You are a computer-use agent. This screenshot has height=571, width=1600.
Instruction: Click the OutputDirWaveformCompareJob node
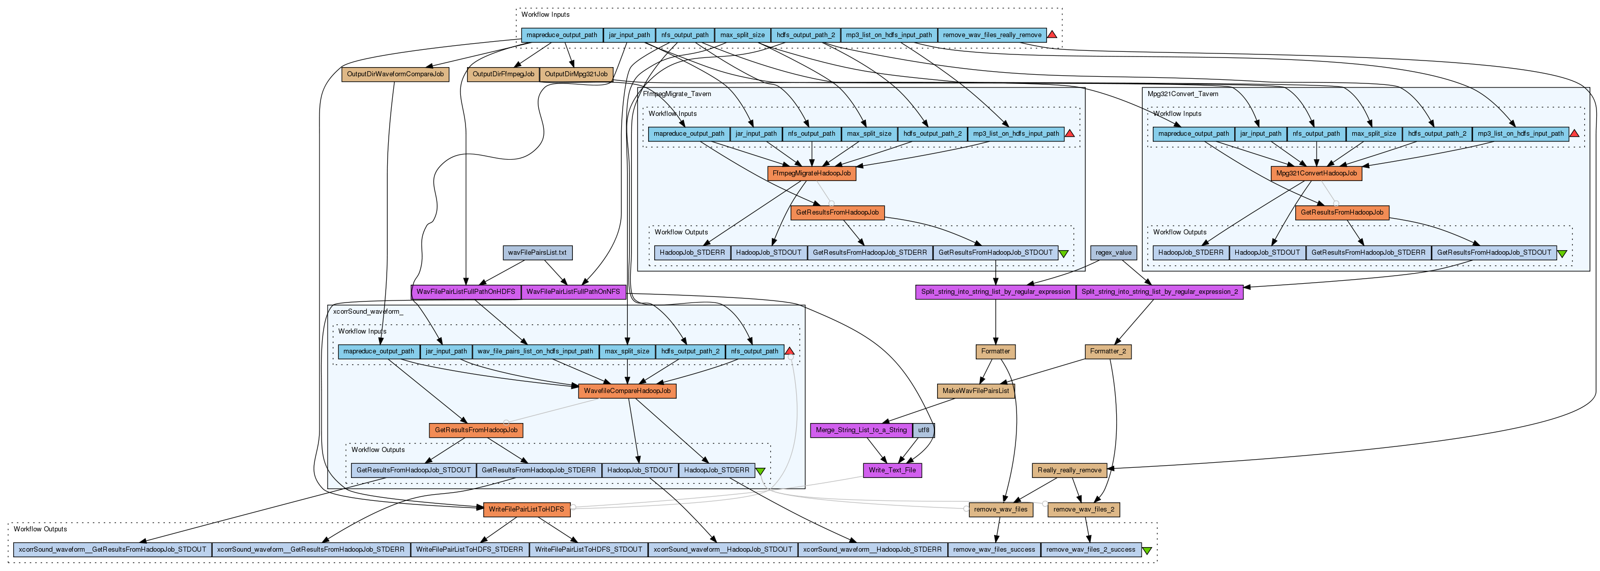[395, 74]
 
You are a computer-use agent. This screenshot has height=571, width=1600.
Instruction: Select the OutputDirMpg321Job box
[576, 74]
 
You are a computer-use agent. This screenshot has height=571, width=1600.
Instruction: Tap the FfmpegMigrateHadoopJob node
[811, 174]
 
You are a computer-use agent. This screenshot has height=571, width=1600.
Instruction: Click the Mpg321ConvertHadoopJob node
[1316, 174]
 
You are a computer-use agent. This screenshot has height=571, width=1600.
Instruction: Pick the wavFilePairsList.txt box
[537, 253]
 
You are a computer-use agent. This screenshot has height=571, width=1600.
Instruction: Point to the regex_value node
[1114, 253]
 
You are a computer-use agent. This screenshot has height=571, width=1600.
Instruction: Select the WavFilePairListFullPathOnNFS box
[573, 292]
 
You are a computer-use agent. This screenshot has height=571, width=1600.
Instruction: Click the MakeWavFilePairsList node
[976, 392]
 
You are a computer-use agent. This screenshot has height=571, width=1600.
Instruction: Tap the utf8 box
[923, 431]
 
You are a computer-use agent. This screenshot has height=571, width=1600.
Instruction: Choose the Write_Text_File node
[892, 470]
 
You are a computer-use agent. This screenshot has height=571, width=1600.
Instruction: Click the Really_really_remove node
[1069, 470]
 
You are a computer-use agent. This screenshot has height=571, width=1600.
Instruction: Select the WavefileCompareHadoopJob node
[627, 392]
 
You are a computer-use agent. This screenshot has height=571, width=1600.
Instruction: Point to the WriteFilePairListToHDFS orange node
[526, 509]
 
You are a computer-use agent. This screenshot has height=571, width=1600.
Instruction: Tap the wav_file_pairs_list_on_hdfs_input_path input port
[535, 352]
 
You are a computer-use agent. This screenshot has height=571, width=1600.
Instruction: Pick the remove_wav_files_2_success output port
[1090, 550]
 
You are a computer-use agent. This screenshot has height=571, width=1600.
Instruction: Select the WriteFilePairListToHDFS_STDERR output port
[470, 550]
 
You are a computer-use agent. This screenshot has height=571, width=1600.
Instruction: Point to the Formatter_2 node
[1108, 352]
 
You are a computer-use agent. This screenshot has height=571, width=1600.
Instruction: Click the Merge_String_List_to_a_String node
[861, 431]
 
